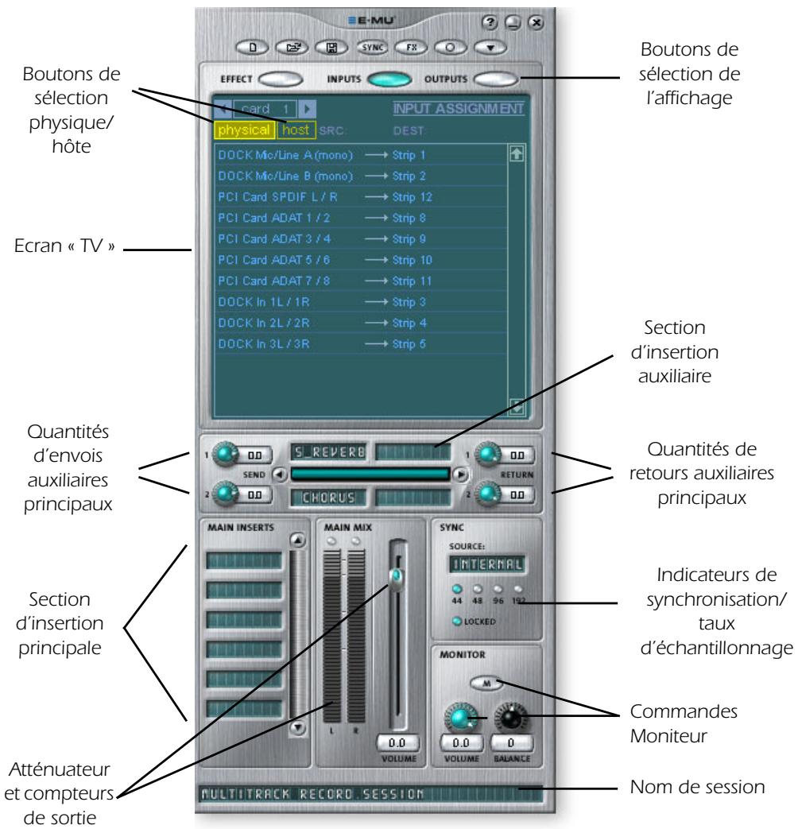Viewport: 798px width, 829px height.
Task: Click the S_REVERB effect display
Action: click(329, 453)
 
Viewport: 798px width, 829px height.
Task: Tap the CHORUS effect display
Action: click(329, 498)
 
